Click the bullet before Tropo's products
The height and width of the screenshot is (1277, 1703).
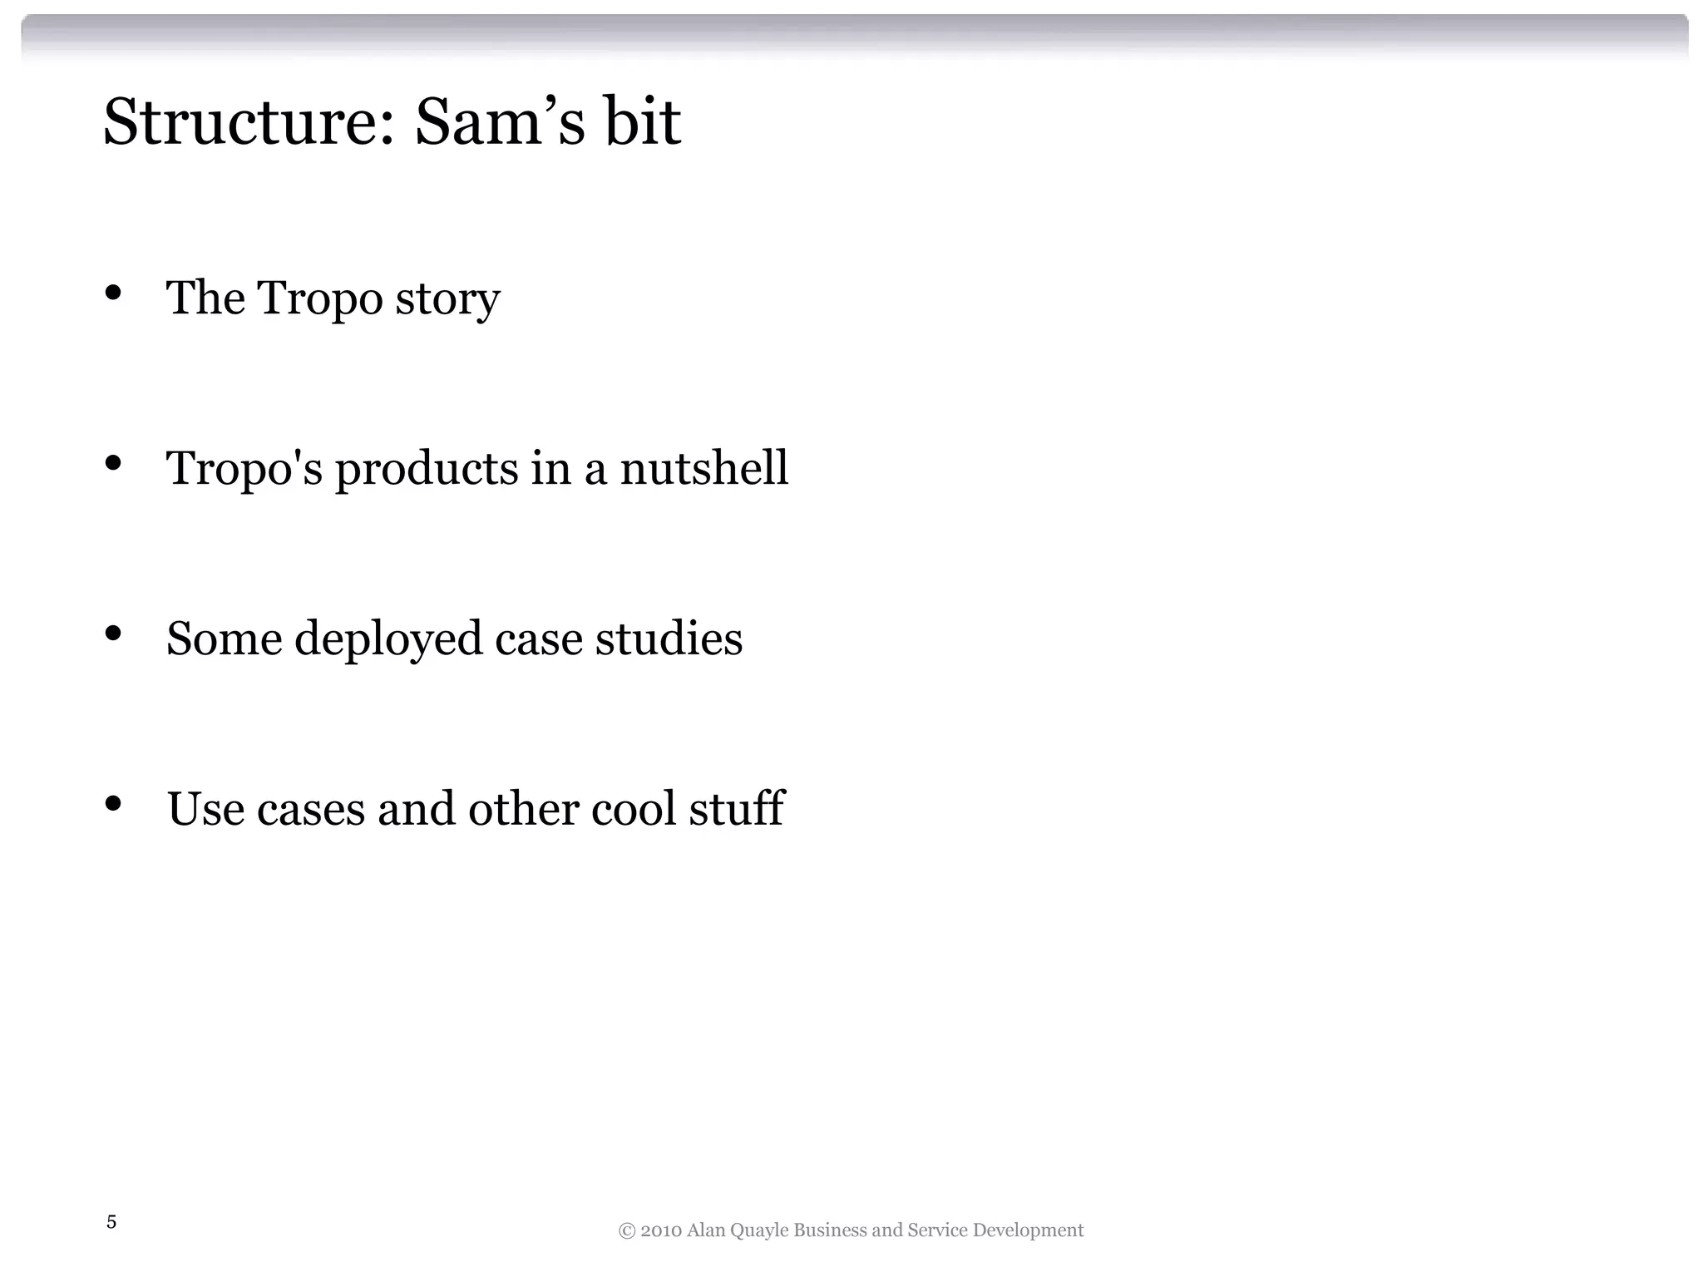click(x=113, y=463)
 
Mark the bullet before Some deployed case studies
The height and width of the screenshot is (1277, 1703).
click(x=113, y=634)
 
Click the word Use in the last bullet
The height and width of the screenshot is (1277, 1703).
click(x=205, y=808)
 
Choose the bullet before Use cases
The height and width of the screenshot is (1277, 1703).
click(x=113, y=804)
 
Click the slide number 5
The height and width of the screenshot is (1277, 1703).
click(x=111, y=1222)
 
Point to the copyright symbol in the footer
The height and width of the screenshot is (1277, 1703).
click(x=626, y=1231)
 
